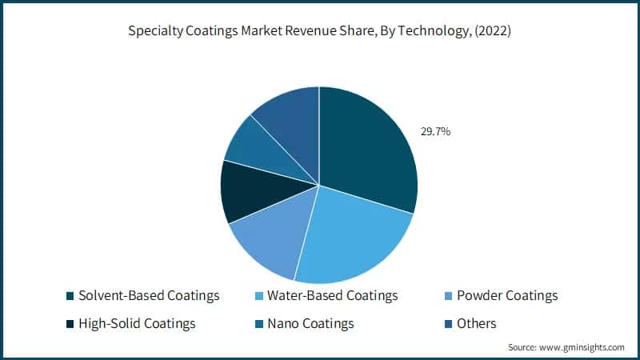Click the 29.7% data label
pos(435,131)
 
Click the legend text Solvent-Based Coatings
pos(150,296)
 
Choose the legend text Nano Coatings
pos(310,323)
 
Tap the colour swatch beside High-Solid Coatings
pos(70,324)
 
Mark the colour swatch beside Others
pos(448,324)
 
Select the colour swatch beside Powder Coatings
pos(448,297)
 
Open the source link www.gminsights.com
pos(581,347)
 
